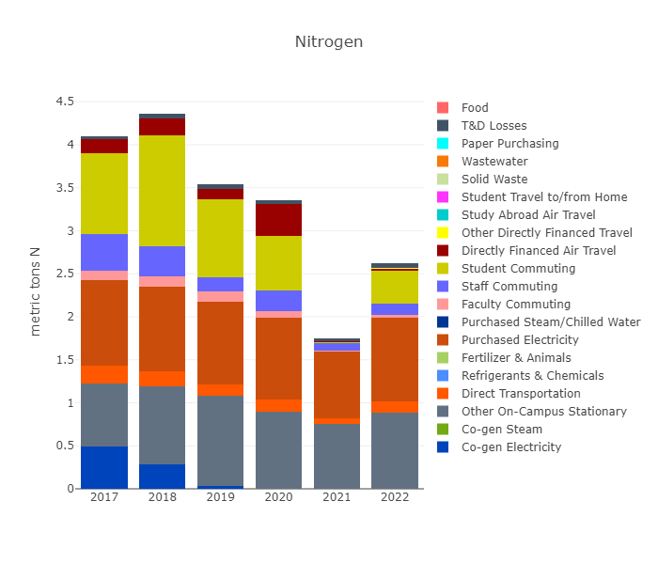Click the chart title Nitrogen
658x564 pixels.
click(328, 42)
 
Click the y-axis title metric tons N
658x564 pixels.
click(36, 291)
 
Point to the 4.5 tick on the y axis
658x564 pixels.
click(64, 102)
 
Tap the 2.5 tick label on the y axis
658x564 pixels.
click(64, 274)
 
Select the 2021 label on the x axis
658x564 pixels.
click(337, 496)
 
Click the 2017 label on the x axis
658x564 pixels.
click(103, 496)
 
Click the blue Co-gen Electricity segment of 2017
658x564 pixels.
click(103, 467)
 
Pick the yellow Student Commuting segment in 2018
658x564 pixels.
click(162, 191)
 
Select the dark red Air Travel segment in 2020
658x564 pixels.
click(278, 220)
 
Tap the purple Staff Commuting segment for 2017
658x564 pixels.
click(103, 252)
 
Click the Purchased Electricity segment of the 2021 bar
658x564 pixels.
click(337, 384)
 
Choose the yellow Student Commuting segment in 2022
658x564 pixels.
click(395, 287)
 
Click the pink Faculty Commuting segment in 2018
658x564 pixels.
click(162, 281)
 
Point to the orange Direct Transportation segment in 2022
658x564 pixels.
click(395, 407)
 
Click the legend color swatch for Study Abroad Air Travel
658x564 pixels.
click(444, 215)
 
